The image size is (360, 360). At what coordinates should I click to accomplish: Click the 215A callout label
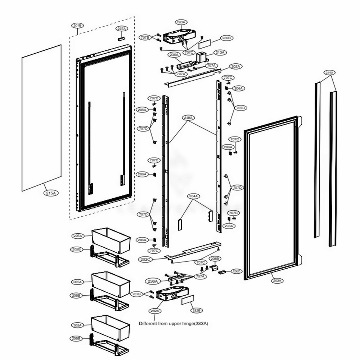tap(50, 193)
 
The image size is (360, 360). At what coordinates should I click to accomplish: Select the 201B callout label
tap(77, 26)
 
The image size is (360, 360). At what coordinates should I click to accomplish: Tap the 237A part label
tap(121, 28)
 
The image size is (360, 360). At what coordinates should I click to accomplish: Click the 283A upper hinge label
tap(181, 22)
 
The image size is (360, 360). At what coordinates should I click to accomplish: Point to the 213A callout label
tap(220, 53)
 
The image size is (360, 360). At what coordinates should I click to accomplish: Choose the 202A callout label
tap(236, 66)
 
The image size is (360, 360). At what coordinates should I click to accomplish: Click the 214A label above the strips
tap(329, 73)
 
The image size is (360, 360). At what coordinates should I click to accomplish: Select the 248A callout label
tap(189, 118)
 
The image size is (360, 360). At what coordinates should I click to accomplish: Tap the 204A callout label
tap(194, 196)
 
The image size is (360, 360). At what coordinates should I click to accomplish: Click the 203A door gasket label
tap(277, 280)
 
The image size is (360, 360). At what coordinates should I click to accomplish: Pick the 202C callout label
tap(146, 259)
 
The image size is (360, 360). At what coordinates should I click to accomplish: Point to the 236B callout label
tap(214, 258)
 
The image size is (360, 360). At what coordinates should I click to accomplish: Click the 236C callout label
tap(237, 271)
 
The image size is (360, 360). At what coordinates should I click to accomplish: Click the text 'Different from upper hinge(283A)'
tap(174, 324)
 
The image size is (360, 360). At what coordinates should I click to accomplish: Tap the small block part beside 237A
tap(121, 37)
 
